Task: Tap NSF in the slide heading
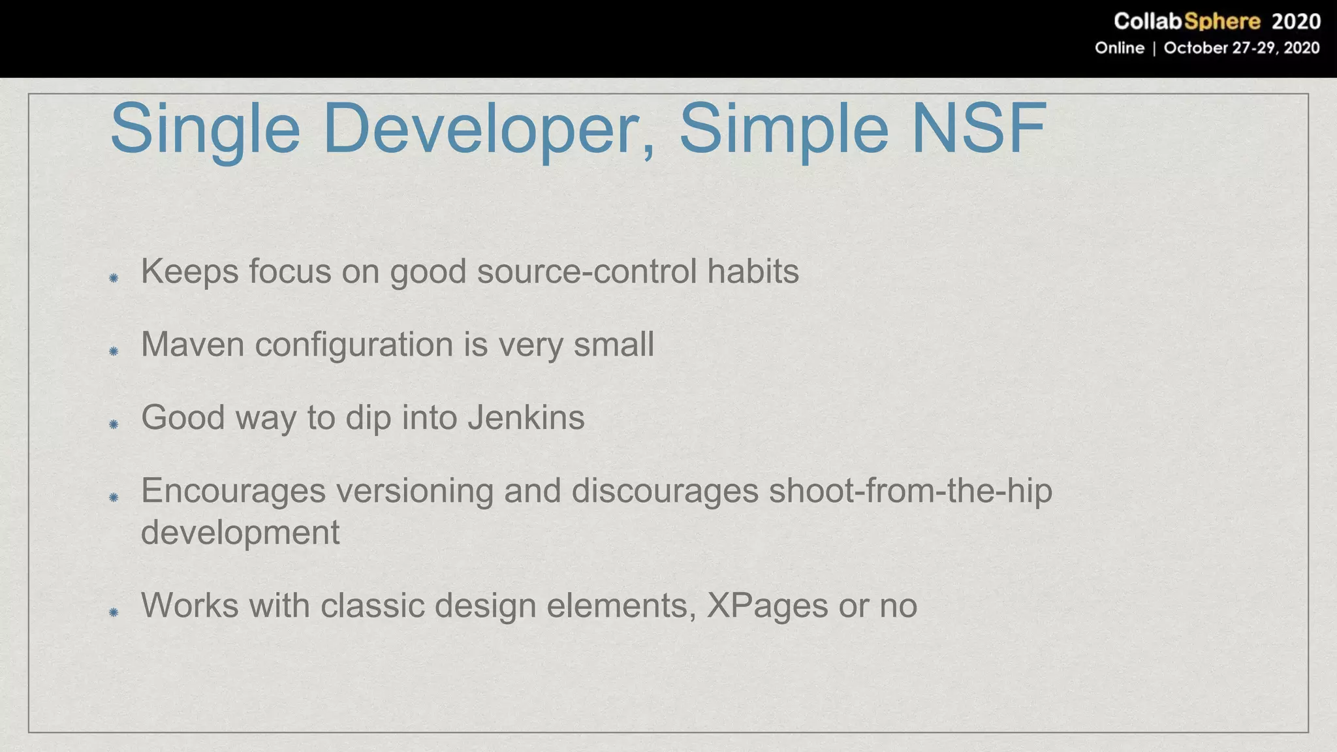point(979,129)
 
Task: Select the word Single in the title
point(204,129)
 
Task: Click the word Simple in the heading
point(784,129)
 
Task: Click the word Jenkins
point(526,417)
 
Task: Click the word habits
point(753,271)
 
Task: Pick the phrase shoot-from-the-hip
point(910,490)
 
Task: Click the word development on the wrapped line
point(240,532)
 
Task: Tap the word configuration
point(354,344)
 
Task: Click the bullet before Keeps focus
point(114,278)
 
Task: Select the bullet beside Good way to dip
point(114,424)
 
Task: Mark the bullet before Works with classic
point(114,612)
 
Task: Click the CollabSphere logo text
point(1186,22)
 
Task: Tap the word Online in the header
point(1119,48)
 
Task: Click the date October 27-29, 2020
point(1241,48)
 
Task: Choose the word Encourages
point(233,490)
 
